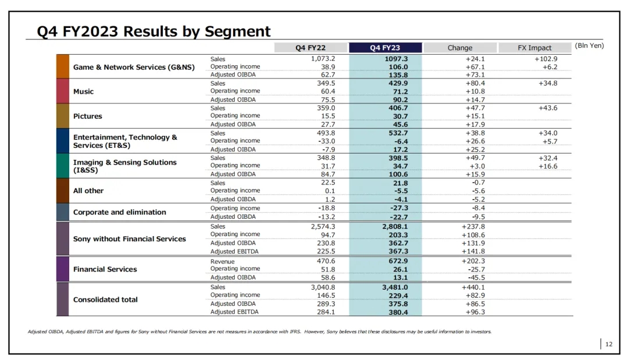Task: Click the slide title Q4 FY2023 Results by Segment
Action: tap(154, 31)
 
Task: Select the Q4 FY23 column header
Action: tap(384, 48)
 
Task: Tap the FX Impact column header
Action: tap(534, 48)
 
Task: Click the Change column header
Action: tap(460, 48)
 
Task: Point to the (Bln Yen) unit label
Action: tap(589, 45)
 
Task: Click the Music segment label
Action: tap(83, 92)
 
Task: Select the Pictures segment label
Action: tap(87, 116)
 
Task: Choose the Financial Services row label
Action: tap(105, 269)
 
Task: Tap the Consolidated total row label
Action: tap(105, 300)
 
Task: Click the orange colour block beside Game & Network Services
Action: tap(63, 67)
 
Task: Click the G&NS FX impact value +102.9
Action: tap(546, 59)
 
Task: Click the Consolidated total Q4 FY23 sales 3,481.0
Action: tap(395, 287)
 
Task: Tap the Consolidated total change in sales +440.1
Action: tap(474, 287)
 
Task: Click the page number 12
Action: tap(609, 344)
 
